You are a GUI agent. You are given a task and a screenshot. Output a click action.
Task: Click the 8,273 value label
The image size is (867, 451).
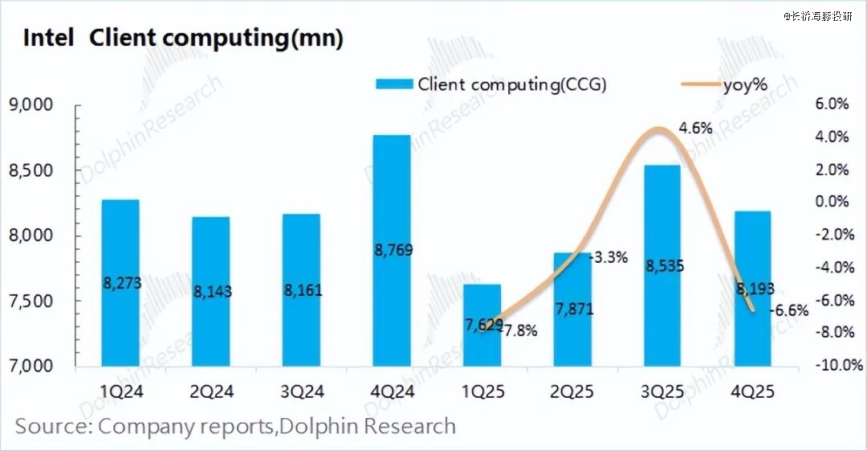point(122,283)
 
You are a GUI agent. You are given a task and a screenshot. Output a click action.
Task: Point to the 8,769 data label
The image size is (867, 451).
point(392,251)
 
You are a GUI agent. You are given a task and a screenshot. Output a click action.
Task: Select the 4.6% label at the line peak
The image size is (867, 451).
point(695,128)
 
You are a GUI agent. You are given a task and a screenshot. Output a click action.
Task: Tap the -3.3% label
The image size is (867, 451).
point(609,258)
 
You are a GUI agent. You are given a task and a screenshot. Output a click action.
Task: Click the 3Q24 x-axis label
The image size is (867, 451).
point(302,391)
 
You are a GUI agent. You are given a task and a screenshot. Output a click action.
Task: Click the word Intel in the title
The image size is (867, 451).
point(48,39)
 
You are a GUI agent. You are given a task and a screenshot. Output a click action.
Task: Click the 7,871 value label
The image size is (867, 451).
point(573,309)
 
